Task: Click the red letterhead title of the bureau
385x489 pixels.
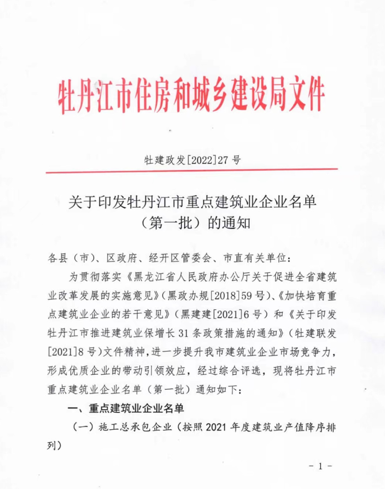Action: pos(191,94)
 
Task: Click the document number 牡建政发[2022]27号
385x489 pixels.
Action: pos(192,160)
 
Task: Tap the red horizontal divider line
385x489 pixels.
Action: pos(191,170)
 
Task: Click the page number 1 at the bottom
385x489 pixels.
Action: pos(320,466)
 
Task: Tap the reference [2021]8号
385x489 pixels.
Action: pos(72,352)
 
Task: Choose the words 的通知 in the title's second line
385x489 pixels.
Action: pos(229,223)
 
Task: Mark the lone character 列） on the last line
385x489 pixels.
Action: pos(54,446)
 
